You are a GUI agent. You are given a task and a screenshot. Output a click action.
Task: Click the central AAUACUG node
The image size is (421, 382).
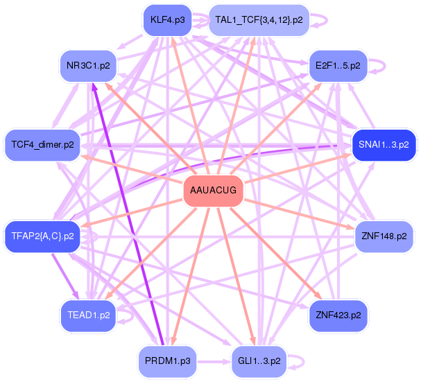coord(213,191)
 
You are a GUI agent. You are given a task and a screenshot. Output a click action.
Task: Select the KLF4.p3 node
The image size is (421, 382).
coord(168,20)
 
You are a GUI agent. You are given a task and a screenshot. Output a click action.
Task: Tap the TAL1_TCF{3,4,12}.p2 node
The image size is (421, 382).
coord(259,20)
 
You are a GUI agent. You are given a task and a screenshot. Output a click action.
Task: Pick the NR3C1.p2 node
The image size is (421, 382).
coord(88,66)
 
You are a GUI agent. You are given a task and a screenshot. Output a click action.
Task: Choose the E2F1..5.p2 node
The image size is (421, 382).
coord(338,66)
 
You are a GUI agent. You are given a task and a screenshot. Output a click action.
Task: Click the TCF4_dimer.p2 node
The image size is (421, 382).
coord(42,145)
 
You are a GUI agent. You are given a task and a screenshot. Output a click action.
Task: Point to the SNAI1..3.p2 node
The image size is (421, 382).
coord(384,145)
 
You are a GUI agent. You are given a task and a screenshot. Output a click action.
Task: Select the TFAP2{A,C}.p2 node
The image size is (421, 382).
coord(42,236)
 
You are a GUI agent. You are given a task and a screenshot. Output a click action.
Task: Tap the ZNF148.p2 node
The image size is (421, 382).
coord(384,236)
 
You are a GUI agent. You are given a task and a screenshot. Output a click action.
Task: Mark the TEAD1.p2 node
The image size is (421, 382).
coord(88,315)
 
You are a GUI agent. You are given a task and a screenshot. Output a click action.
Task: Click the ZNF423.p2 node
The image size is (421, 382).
coord(338,315)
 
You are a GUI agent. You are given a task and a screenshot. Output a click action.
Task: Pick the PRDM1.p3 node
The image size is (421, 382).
coord(168,361)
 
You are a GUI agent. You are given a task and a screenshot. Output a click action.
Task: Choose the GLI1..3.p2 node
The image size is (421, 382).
coord(259,361)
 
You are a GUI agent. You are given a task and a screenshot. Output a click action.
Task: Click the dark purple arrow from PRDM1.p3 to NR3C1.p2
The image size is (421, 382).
coord(128,214)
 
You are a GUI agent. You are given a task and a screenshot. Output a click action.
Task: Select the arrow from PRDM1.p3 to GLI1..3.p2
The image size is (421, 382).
coord(214,362)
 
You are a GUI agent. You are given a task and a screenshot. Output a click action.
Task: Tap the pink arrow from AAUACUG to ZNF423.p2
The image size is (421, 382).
coord(276,253)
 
